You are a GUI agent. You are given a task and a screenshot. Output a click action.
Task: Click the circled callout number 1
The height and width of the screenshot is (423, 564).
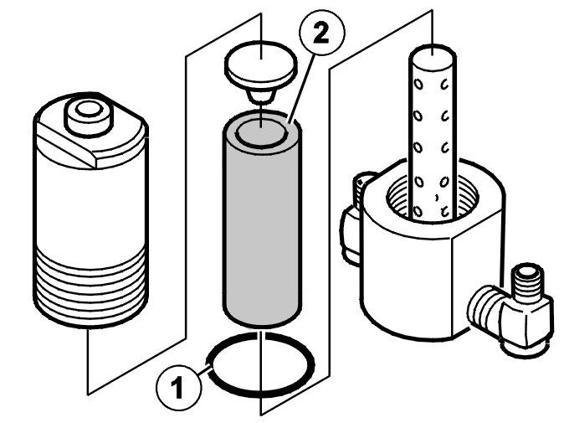pos(179,388)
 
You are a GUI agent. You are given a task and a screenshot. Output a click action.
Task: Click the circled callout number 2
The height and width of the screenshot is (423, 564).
pos(321,33)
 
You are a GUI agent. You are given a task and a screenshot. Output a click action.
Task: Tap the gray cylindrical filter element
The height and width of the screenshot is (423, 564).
pos(262,219)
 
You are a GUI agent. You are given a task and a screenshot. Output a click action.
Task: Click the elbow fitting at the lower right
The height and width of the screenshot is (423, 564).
pos(510,310)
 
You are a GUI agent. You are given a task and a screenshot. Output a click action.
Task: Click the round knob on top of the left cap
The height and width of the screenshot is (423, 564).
pos(87,116)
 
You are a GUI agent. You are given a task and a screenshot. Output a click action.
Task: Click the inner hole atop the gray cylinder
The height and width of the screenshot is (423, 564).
pos(262,133)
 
